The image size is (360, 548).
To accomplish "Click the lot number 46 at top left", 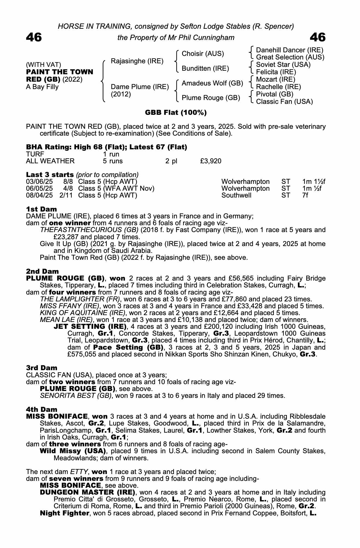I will (x=34, y=37).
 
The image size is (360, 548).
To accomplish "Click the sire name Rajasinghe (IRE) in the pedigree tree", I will (x=137, y=61).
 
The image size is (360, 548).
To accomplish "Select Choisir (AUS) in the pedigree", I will (x=203, y=54).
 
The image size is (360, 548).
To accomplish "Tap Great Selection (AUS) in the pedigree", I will (x=290, y=57).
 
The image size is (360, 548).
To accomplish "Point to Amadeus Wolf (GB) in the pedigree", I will (x=212, y=83).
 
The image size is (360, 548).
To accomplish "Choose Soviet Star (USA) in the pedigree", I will (x=283, y=65).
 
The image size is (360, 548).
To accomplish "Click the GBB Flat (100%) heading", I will (x=175, y=113).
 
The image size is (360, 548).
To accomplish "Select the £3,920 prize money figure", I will (x=211, y=161).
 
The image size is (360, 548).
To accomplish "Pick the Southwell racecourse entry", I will (x=236, y=195).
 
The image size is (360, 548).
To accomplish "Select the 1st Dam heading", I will (x=41, y=210).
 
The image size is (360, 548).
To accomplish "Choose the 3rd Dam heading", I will (x=42, y=368).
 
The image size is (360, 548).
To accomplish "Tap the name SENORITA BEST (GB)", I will (x=76, y=396).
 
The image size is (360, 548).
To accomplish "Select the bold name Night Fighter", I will (x=65, y=513).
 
